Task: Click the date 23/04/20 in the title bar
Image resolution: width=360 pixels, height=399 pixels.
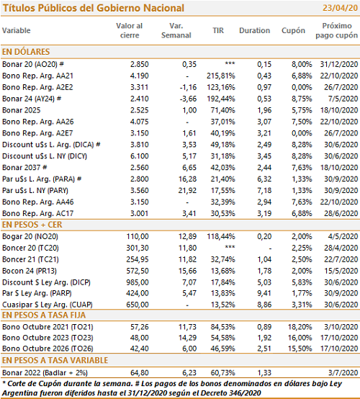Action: click(340, 8)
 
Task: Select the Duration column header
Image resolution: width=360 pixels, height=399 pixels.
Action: click(254, 30)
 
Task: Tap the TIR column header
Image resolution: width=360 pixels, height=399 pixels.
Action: click(218, 30)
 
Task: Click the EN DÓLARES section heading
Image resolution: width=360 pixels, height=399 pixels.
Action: click(26, 52)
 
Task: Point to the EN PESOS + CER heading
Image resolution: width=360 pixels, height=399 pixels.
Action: click(32, 225)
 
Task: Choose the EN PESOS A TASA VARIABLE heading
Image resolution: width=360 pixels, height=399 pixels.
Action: click(55, 360)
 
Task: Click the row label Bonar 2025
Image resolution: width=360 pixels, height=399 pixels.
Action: click(22, 110)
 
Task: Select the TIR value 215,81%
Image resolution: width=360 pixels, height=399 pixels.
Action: click(221, 76)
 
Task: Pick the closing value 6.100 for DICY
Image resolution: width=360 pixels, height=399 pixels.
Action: click(140, 156)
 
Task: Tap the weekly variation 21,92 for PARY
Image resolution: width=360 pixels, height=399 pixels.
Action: click(187, 190)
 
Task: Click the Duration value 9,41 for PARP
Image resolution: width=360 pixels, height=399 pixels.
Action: click(264, 293)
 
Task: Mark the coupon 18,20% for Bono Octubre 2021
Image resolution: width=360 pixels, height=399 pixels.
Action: click(300, 327)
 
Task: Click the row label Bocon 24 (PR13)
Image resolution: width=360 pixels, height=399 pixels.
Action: click(30, 271)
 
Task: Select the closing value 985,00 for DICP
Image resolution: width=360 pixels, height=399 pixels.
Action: click(138, 282)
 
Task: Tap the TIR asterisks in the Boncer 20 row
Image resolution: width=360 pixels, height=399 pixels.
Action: click(230, 247)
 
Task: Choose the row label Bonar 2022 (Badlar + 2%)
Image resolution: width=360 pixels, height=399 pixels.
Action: click(45, 373)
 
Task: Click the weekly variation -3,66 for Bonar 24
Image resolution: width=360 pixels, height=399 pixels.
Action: click(188, 99)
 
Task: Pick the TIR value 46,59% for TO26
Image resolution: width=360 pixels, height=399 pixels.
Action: click(223, 349)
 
